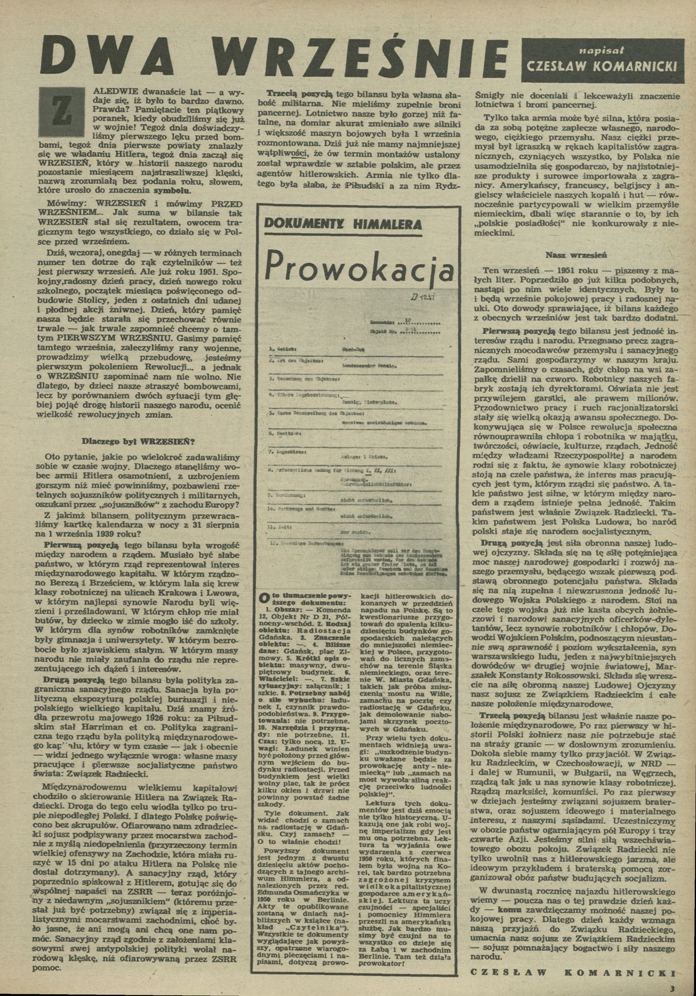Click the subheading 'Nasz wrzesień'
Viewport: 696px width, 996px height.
pyautogui.click(x=576, y=254)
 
